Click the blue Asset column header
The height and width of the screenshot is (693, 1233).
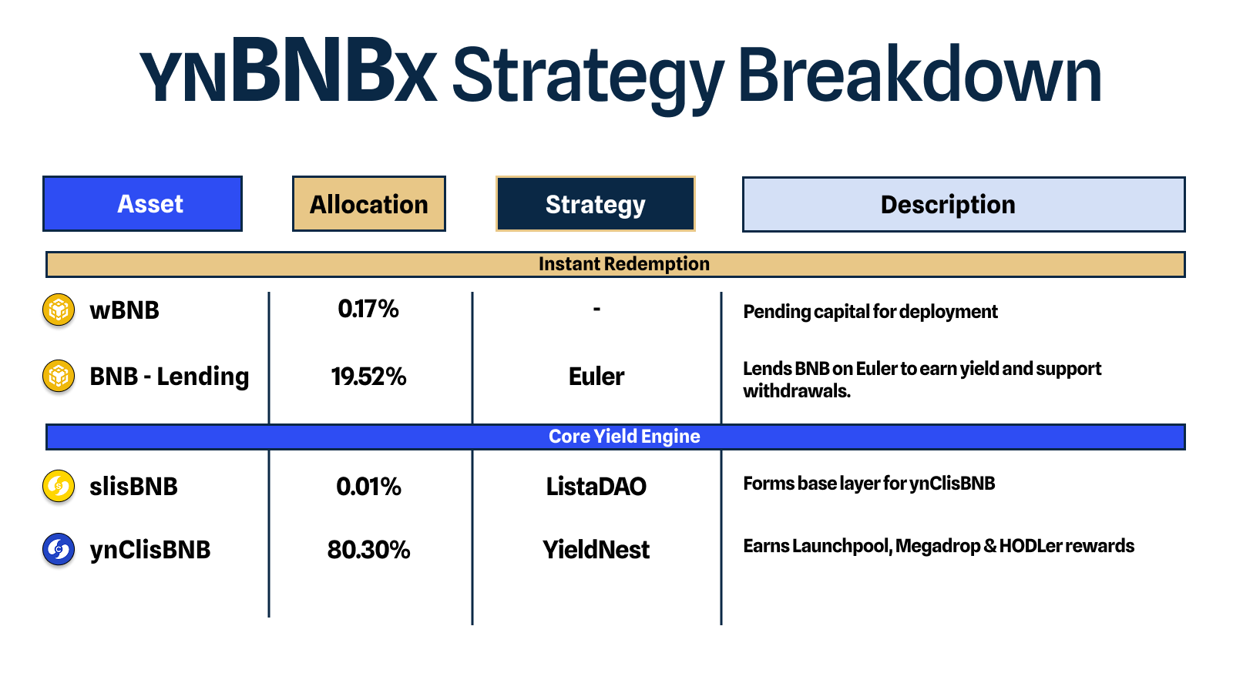[x=143, y=203]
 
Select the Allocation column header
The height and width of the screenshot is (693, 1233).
[x=369, y=203]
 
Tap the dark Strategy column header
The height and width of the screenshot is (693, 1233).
[x=596, y=203]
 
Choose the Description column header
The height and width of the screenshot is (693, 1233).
[x=964, y=204]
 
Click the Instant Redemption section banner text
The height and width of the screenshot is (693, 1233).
[x=624, y=264]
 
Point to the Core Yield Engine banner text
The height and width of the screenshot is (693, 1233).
[x=624, y=436]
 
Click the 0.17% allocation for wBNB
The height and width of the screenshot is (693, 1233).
[x=368, y=309]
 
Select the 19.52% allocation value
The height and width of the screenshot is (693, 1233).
[x=369, y=377]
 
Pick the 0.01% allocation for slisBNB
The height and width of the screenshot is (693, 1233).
[x=369, y=487]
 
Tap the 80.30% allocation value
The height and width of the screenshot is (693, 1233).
[x=369, y=550]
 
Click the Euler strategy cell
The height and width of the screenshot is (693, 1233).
[x=596, y=377]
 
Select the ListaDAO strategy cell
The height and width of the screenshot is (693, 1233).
[x=596, y=487]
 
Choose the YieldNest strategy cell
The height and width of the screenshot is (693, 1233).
[x=596, y=550]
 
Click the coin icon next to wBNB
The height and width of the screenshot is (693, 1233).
[x=59, y=310]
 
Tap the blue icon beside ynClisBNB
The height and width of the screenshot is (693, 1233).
[x=59, y=549]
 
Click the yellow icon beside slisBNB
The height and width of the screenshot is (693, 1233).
[x=59, y=486]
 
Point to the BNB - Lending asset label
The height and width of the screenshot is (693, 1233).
[x=170, y=377]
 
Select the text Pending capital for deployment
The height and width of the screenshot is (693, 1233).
[x=870, y=312]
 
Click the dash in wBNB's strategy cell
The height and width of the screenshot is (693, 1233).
[x=596, y=309]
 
